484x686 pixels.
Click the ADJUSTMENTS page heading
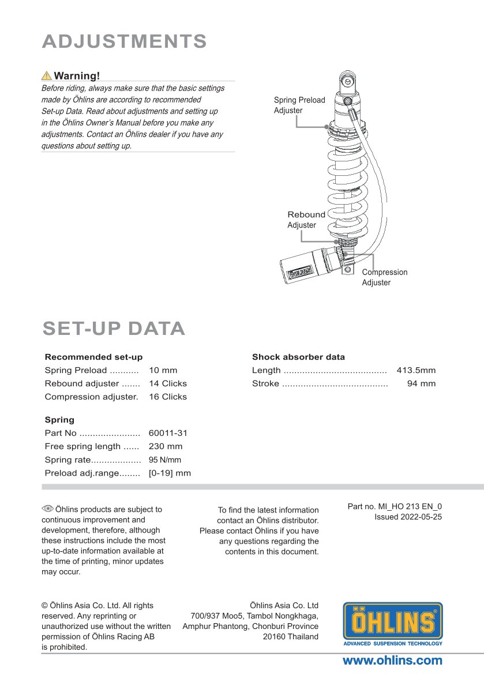click(x=125, y=42)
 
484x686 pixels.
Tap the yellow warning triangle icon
click(x=46, y=76)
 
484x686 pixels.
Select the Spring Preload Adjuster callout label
click(x=299, y=105)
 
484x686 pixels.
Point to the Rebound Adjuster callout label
click(x=306, y=220)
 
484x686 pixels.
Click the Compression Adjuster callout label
click(x=384, y=277)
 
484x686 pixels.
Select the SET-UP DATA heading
click(x=114, y=329)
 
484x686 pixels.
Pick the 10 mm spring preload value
click(x=163, y=370)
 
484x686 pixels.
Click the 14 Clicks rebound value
click(x=168, y=383)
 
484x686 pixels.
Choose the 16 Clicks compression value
click(x=168, y=397)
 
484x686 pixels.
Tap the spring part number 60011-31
click(x=168, y=433)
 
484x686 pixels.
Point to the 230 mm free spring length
click(x=166, y=446)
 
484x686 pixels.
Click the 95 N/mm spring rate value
click(x=165, y=460)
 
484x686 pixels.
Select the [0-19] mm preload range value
click(x=170, y=473)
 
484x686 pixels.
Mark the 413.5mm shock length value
click(x=416, y=370)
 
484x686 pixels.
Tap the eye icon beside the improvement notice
click(x=47, y=508)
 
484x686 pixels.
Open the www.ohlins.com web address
click(x=392, y=661)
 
